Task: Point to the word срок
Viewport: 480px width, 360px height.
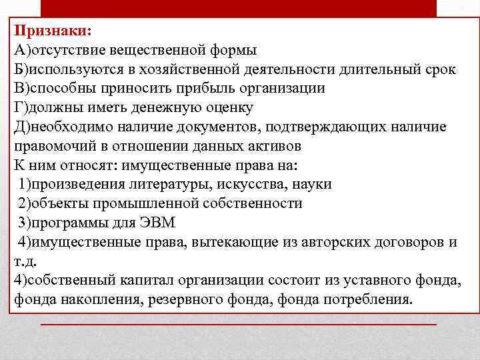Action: [441, 69]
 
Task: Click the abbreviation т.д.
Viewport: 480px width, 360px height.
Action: [25, 260]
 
